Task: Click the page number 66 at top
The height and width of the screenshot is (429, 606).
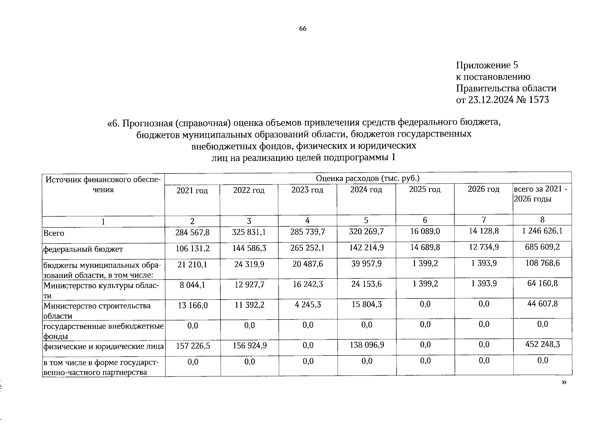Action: click(x=302, y=29)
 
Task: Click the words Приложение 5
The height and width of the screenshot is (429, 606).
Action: click(x=487, y=65)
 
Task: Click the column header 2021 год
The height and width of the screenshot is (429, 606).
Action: click(x=192, y=191)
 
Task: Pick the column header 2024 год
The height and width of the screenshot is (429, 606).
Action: click(x=366, y=189)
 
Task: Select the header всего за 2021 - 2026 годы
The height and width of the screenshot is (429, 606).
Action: click(x=540, y=194)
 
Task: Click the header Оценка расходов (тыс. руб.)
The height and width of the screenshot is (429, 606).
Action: click(x=367, y=178)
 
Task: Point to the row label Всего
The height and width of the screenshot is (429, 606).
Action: click(x=54, y=233)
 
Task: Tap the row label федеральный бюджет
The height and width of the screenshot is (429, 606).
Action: click(x=83, y=249)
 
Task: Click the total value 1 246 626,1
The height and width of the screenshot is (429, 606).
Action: click(x=542, y=231)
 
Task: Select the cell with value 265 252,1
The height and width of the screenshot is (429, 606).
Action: click(x=307, y=248)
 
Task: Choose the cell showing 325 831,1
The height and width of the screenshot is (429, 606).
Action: click(x=249, y=232)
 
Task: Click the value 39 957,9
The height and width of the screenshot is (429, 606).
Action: click(x=366, y=263)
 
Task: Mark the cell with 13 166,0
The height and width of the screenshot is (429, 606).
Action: click(x=192, y=305)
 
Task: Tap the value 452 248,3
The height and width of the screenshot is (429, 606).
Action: click(x=542, y=345)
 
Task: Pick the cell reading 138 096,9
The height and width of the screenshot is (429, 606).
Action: click(x=366, y=345)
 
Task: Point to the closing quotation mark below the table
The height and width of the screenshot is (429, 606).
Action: click(x=564, y=382)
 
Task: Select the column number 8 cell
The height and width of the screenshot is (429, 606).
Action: click(x=542, y=220)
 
